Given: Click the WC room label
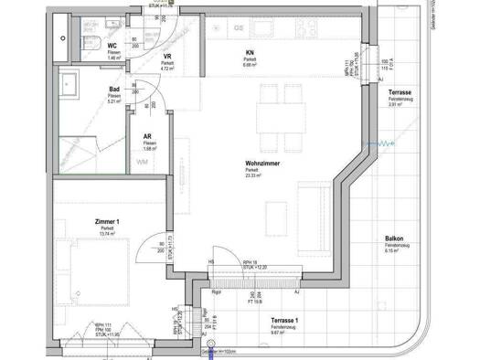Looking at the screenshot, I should point(112,45).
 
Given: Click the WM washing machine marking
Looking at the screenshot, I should point(141,163).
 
